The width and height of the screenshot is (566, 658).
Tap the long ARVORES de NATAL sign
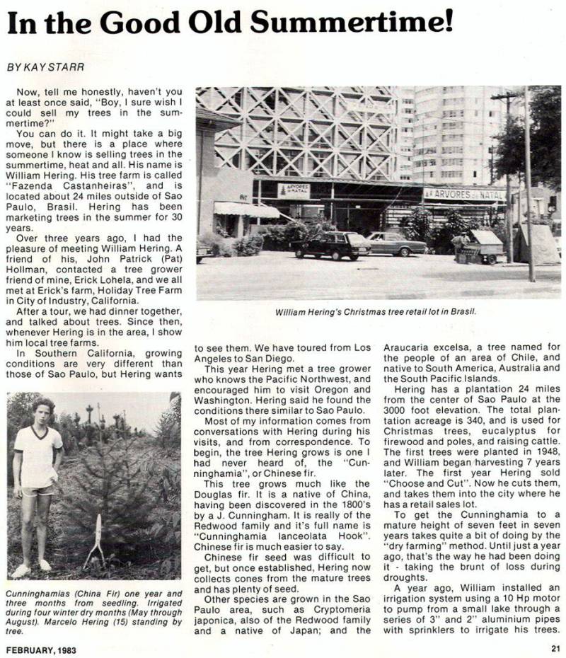click(464, 193)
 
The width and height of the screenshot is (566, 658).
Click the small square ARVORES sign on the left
click(294, 190)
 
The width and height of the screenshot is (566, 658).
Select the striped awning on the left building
click(246, 209)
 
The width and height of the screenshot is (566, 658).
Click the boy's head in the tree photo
click(42, 410)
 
